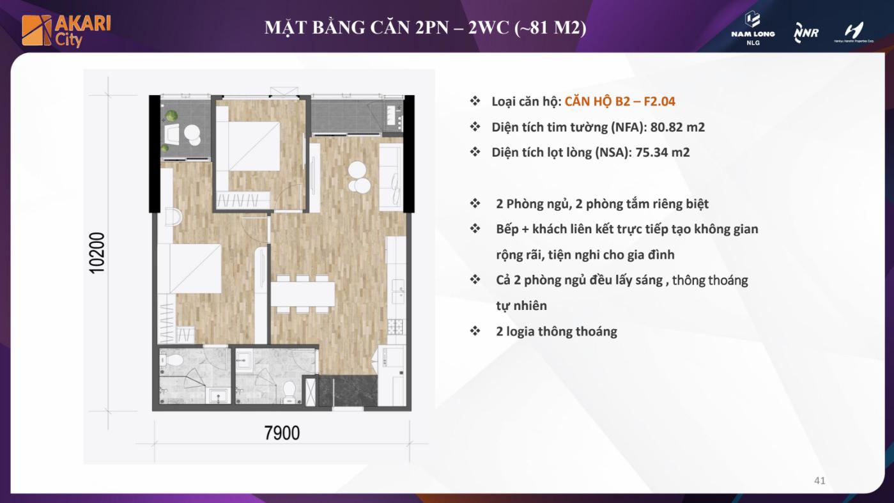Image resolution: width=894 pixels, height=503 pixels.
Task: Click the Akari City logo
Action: pos(66,31)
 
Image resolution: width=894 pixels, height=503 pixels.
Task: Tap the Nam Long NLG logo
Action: pos(753,28)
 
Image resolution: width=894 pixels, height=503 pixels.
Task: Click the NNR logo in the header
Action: pos(806,33)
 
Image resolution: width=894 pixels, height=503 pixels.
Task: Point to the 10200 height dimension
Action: pos(97,252)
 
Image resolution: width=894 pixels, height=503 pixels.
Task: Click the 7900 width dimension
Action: pos(282,433)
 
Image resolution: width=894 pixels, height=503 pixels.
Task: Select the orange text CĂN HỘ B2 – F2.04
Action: pos(620,102)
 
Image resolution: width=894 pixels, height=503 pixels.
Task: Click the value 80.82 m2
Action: pos(677,127)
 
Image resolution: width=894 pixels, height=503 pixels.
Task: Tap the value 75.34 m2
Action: pos(663,152)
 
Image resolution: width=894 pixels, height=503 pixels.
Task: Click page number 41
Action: pos(819,480)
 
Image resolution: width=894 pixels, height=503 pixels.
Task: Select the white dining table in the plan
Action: pos(303,294)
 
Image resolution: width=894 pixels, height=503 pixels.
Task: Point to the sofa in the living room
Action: pos(390,177)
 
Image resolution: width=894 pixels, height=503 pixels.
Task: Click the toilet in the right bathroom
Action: pos(288,392)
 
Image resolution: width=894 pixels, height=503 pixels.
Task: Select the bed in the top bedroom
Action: pos(248,146)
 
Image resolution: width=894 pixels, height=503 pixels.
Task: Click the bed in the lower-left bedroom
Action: pos(190,268)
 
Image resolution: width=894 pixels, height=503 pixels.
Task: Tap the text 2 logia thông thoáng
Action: pos(557,331)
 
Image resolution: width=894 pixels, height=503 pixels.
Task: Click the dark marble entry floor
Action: pos(348,391)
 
